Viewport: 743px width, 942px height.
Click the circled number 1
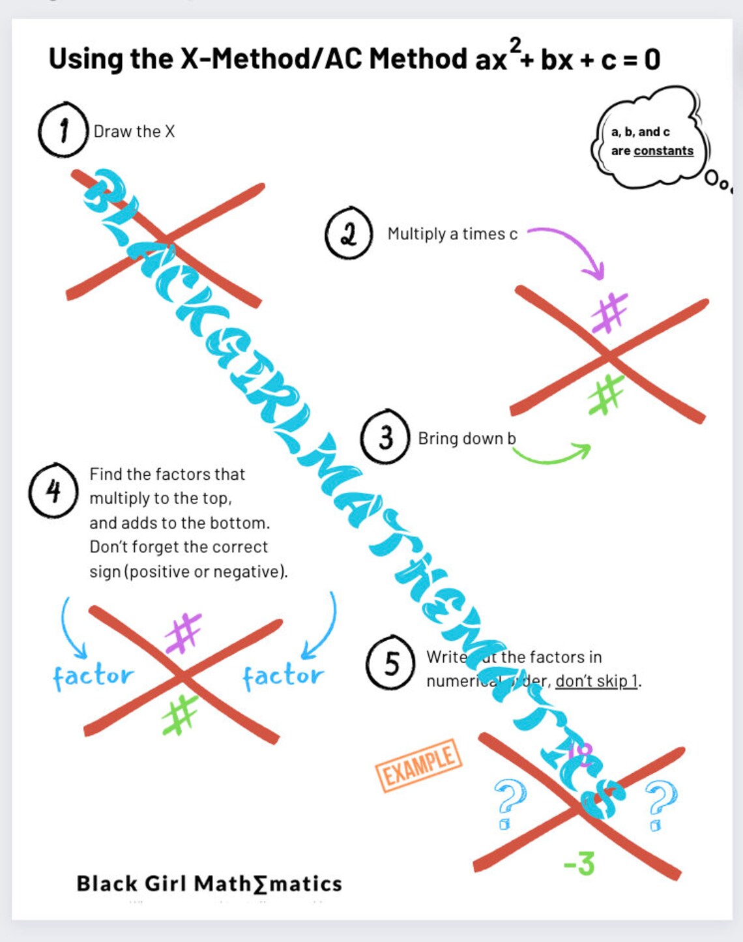pyautogui.click(x=63, y=130)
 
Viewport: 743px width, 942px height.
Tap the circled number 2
pyautogui.click(x=349, y=233)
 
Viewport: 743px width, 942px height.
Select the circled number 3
pyautogui.click(x=385, y=437)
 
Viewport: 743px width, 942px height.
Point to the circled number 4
pyautogui.click(x=53, y=490)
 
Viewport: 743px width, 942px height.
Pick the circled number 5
pyautogui.click(x=391, y=663)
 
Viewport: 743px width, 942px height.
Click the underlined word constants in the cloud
pyautogui.click(x=663, y=151)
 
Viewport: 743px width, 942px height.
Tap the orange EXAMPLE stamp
pyautogui.click(x=418, y=765)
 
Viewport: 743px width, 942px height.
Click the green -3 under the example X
pyautogui.click(x=579, y=864)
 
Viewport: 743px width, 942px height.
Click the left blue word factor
pyautogui.click(x=93, y=676)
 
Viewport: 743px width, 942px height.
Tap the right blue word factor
pyautogui.click(x=283, y=676)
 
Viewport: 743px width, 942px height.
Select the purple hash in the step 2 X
pyautogui.click(x=609, y=312)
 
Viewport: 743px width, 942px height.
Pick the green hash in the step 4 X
pyautogui.click(x=179, y=714)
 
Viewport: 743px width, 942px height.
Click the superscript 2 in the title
pyautogui.click(x=515, y=45)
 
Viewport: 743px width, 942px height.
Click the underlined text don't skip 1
pyautogui.click(x=596, y=681)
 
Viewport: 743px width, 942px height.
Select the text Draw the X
pyautogui.click(x=134, y=131)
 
